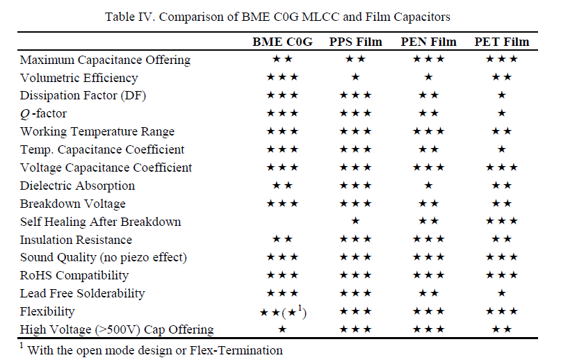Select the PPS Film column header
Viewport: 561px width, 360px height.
355,42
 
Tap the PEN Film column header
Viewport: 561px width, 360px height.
428,42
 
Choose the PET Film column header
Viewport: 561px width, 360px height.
502,42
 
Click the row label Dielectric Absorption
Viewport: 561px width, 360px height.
78,186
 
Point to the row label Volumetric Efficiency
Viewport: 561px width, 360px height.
79,78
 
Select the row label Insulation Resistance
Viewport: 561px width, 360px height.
76,240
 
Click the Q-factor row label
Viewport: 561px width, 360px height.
43,113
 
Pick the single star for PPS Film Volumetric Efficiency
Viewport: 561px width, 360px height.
355,78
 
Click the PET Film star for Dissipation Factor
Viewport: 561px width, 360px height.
502,95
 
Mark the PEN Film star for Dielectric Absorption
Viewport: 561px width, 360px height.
428,186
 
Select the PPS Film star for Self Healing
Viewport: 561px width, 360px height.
355,222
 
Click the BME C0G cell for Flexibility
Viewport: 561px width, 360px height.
282,312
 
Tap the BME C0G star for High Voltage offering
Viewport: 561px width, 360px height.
282,329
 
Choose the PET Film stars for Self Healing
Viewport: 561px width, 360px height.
502,222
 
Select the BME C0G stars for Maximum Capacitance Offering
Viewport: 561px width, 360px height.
282,60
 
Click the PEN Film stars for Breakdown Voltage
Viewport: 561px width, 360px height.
428,204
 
